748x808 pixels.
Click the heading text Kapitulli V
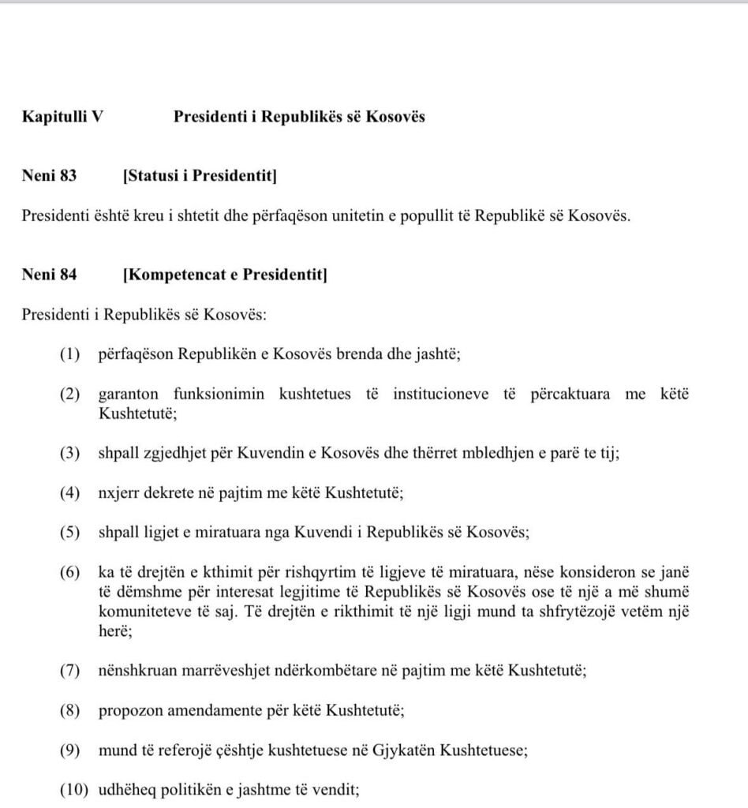pos(63,117)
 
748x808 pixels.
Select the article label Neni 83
pos(50,176)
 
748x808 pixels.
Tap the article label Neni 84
pos(50,275)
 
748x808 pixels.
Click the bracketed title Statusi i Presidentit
pos(200,176)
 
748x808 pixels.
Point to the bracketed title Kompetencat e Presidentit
pos(225,275)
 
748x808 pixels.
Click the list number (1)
pos(69,354)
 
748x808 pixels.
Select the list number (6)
pos(69,571)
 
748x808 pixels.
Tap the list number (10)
pos(73,787)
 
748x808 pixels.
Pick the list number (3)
pos(69,454)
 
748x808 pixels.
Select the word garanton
pos(128,394)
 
